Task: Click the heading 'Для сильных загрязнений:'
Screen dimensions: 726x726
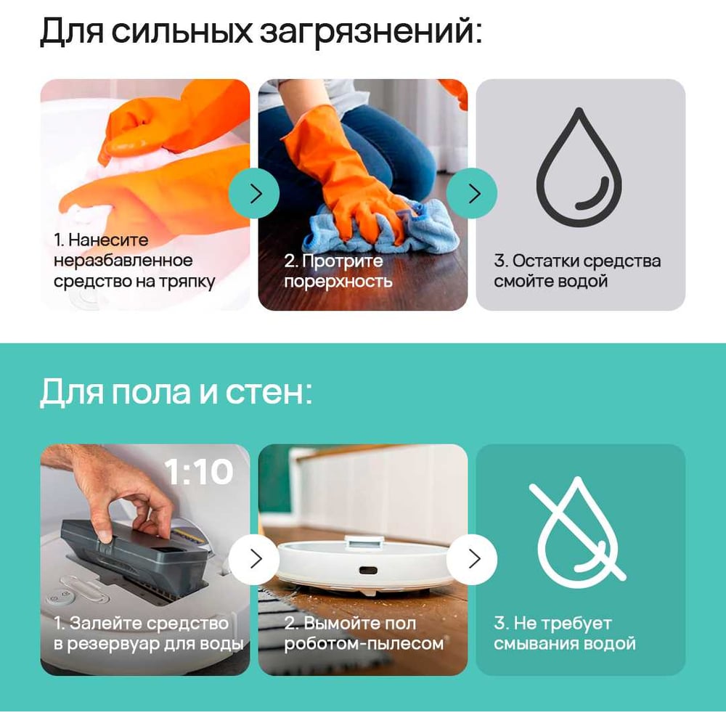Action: coord(261,31)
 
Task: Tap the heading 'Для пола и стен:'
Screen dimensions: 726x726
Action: coord(176,392)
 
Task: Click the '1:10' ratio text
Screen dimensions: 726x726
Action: coord(199,472)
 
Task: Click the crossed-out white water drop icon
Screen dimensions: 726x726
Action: coord(578,532)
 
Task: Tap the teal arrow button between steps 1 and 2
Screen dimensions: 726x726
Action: coord(253,194)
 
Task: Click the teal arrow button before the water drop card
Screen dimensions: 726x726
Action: coord(472,194)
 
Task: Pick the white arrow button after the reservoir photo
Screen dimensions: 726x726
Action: coord(253,559)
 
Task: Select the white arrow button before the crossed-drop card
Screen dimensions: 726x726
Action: coord(472,559)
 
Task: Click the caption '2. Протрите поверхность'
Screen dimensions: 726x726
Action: coord(338,271)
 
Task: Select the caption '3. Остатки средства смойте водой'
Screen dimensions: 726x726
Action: coord(577,271)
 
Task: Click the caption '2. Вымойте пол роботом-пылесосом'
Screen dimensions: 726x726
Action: coord(364,633)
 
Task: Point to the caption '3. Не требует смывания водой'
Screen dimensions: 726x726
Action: coord(564,633)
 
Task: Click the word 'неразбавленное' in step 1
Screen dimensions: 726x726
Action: coord(123,260)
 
